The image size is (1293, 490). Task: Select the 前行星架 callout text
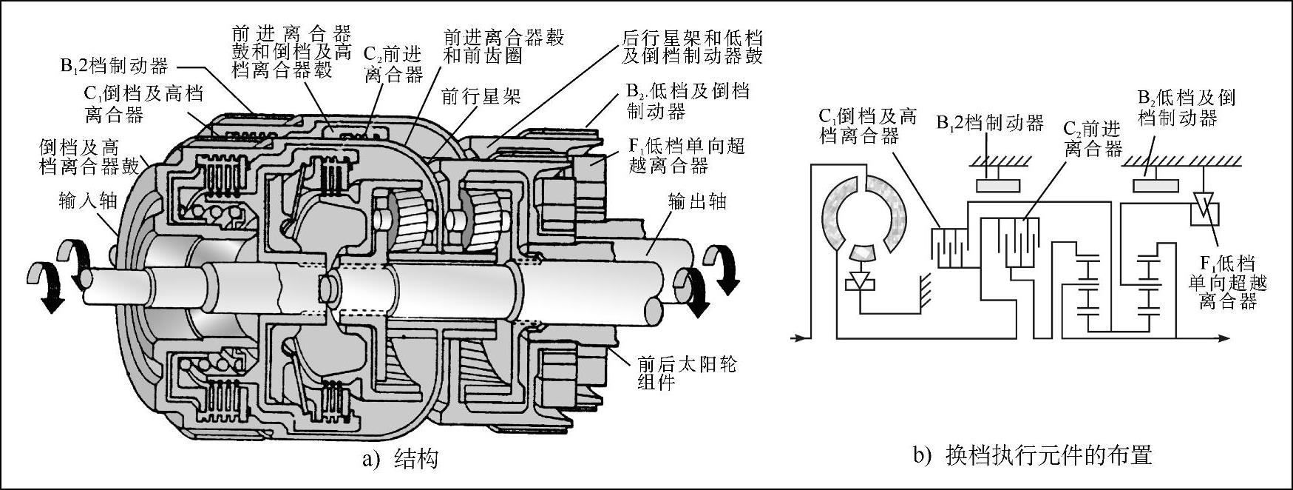[481, 96]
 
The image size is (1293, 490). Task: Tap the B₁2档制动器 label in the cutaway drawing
[115, 66]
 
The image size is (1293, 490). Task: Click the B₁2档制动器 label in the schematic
[990, 123]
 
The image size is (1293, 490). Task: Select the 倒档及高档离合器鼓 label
[89, 156]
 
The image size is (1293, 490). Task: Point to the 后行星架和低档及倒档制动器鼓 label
[692, 46]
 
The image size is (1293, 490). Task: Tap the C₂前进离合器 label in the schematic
[1093, 138]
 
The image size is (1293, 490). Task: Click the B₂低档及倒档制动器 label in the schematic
[1187, 108]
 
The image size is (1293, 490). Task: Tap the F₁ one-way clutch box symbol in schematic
[1204, 210]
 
